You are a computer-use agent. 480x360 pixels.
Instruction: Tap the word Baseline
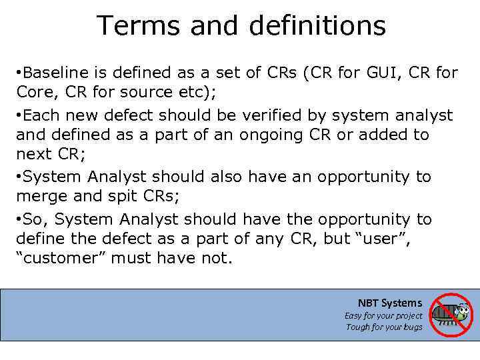[58, 73]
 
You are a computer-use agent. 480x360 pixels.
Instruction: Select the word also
[221, 177]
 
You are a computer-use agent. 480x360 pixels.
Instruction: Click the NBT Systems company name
[390, 303]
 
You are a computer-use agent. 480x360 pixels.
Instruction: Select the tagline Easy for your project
[383, 315]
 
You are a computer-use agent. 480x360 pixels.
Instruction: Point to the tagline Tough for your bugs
[384, 327]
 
